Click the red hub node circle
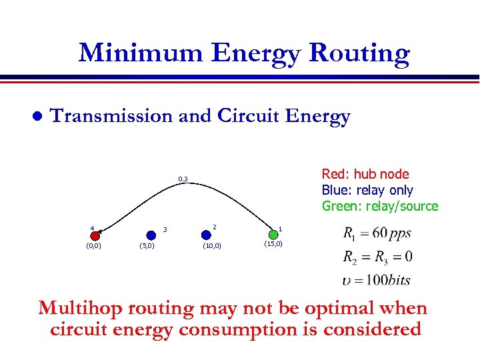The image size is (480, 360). click(x=95, y=235)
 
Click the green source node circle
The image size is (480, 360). click(x=273, y=235)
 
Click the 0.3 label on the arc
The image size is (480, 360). click(x=183, y=179)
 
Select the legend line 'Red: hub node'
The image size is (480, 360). click(x=365, y=174)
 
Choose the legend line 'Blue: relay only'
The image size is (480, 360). click(x=367, y=190)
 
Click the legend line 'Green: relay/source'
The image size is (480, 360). click(x=380, y=206)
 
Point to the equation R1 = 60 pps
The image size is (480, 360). click(x=377, y=235)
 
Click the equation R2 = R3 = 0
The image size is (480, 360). click(x=377, y=257)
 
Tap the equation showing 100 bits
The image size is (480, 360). click(x=377, y=279)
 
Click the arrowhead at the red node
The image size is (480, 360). click(x=100, y=231)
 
